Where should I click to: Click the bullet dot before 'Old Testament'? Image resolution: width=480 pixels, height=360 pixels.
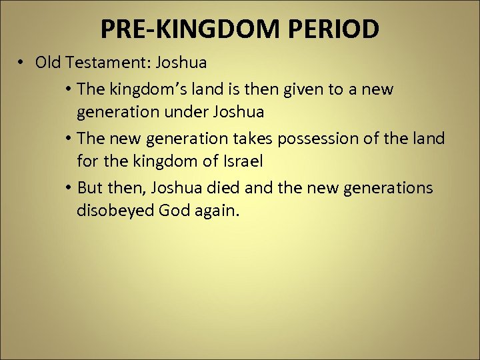click(22, 63)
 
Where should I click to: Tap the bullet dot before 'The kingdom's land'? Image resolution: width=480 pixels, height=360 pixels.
click(69, 89)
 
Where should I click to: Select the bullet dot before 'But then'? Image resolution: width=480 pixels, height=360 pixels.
click(69, 189)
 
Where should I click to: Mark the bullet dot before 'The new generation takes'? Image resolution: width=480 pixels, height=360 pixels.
click(69, 139)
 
